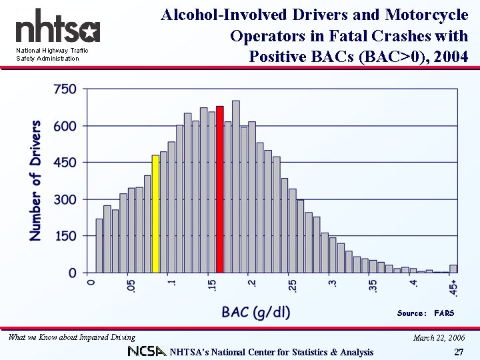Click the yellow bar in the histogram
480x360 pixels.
coord(155,214)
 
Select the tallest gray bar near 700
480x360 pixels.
coord(236,187)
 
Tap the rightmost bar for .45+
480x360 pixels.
coord(453,269)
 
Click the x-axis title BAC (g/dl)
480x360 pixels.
coord(256,311)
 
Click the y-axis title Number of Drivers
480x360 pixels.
coord(35,180)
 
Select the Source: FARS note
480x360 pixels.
coord(425,313)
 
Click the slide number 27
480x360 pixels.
coord(458,352)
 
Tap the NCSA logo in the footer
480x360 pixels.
coord(147,351)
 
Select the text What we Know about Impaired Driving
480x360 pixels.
coord(71,337)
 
